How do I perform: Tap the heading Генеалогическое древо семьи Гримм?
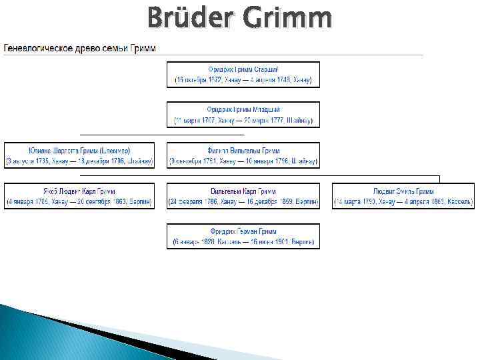point(80,49)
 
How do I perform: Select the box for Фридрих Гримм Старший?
point(243,74)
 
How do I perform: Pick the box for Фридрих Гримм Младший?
point(243,114)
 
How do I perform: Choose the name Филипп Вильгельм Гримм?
point(243,151)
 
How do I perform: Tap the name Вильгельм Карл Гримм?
point(243,191)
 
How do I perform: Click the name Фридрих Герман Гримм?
point(243,231)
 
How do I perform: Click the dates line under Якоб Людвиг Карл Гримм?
point(79,201)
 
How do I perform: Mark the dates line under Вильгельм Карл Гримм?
point(243,201)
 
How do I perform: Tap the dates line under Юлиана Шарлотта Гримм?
point(79,161)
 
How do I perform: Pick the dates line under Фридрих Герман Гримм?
point(243,241)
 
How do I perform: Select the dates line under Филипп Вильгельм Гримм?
point(243,161)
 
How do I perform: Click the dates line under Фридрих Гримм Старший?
point(243,80)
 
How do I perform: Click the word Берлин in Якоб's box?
point(139,201)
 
